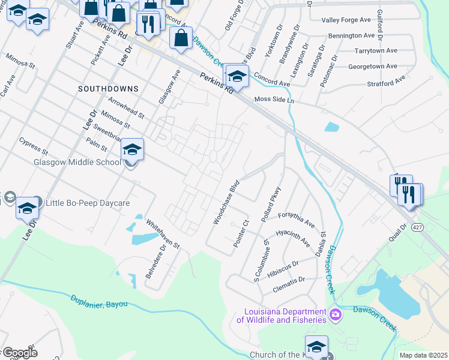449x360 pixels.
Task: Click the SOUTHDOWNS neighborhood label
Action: pyautogui.click(x=108, y=89)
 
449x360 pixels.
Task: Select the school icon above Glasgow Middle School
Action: pyautogui.click(x=133, y=149)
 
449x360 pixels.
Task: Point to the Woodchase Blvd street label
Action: pyautogui.click(x=226, y=202)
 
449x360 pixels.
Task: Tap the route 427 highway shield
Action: pyautogui.click(x=417, y=227)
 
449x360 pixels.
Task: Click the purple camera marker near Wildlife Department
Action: pyautogui.click(x=336, y=314)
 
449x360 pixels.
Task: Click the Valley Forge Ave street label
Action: pyautogui.click(x=348, y=20)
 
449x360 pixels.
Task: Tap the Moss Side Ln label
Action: pyautogui.click(x=274, y=100)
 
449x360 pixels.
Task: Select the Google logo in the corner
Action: pyautogui.click(x=19, y=353)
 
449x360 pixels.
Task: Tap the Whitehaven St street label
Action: pyautogui.click(x=163, y=233)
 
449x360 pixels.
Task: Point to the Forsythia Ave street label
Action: pyautogui.click(x=296, y=220)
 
